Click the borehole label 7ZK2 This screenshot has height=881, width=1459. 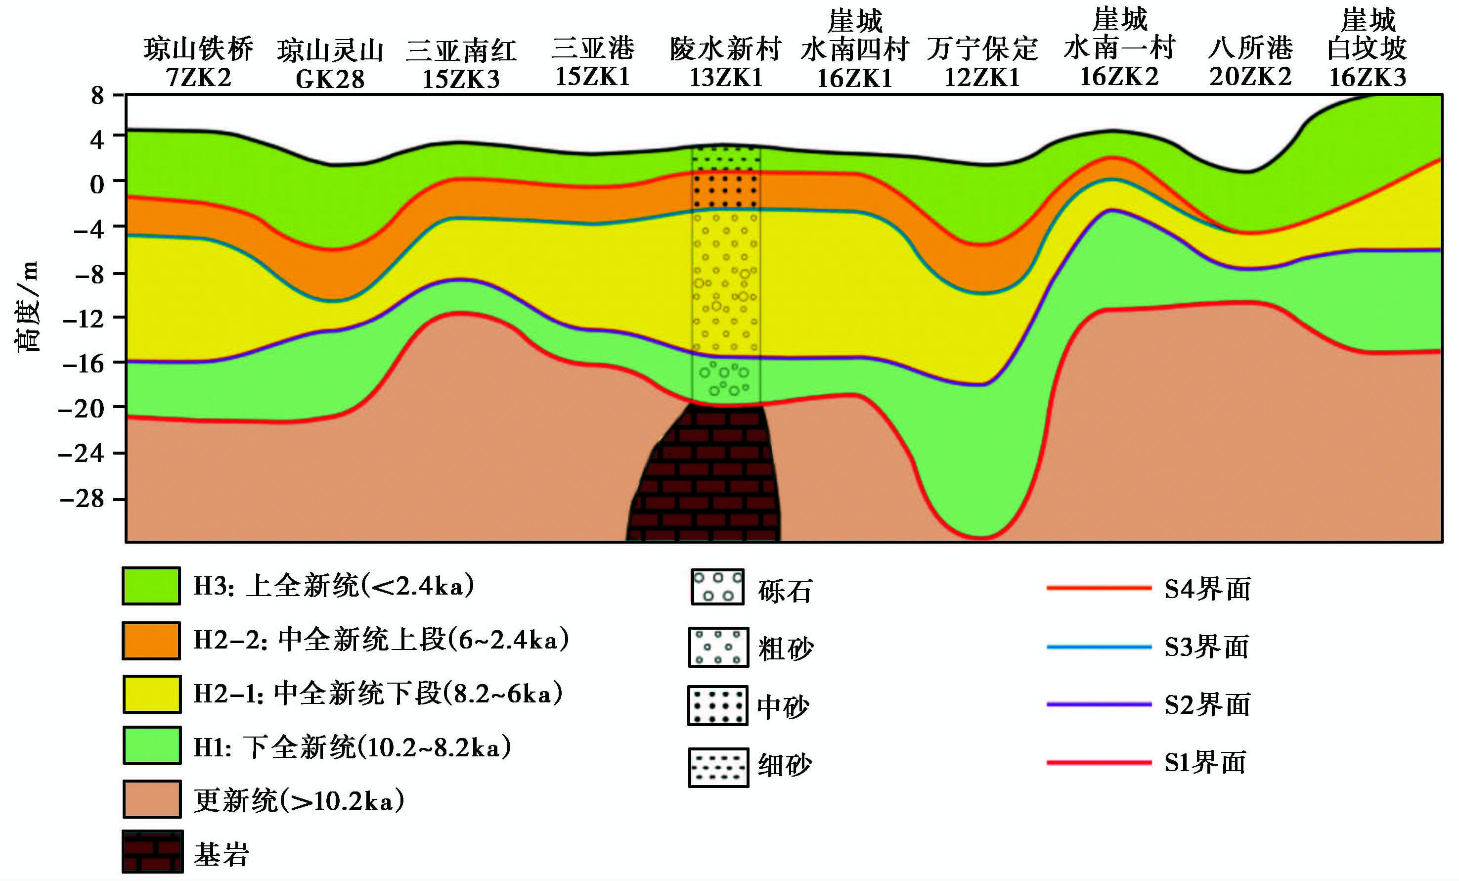(x=198, y=78)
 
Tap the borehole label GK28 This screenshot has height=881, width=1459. (x=330, y=79)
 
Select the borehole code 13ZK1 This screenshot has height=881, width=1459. (x=726, y=78)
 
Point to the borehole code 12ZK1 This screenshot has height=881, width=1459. (x=982, y=78)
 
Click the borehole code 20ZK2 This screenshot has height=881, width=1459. (x=1250, y=77)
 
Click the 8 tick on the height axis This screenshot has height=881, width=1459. (x=98, y=95)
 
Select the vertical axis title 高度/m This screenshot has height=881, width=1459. (x=27, y=306)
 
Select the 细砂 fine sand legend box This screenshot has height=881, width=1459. (x=718, y=767)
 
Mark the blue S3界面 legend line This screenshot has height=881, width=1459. (x=1099, y=647)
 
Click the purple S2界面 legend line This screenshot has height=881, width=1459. (x=1099, y=704)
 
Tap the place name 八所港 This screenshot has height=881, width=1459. (x=1250, y=48)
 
